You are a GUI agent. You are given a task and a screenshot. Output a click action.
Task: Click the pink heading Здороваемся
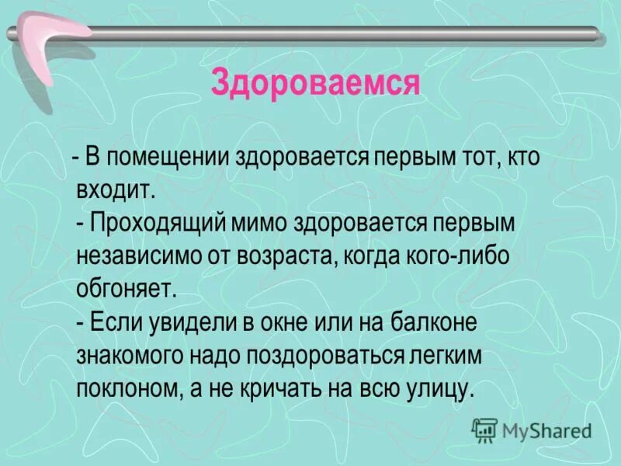tap(316, 82)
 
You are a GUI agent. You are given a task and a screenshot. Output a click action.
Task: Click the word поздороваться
tap(318, 356)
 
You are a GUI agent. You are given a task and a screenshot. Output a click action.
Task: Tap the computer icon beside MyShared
tap(484, 429)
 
